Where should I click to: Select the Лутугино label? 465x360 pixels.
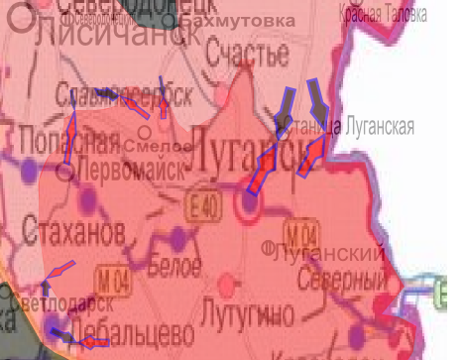(245, 316)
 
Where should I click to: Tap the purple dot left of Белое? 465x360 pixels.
(178, 236)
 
